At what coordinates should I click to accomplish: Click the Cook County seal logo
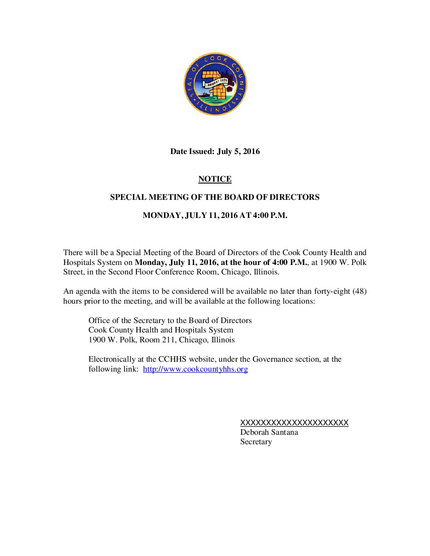tap(215, 84)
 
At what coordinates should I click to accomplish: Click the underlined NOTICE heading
tap(215, 179)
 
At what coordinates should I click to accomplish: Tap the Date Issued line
tap(215, 151)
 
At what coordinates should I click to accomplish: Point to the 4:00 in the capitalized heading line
tap(260, 215)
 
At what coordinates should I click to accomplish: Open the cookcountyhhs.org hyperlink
tap(195, 369)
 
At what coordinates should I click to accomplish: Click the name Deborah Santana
tap(269, 432)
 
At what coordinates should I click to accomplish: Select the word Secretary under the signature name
tap(256, 441)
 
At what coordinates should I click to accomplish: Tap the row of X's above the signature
tap(294, 423)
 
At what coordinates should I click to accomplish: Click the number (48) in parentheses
tap(359, 291)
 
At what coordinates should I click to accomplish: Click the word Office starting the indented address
tap(100, 320)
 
